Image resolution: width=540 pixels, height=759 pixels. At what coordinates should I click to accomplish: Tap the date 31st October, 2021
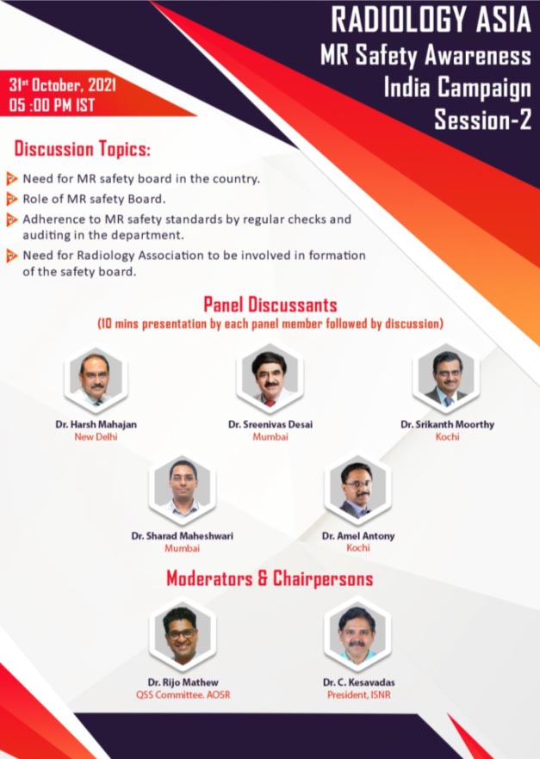point(63,85)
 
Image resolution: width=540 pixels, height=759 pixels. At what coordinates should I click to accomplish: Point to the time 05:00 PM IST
point(52,105)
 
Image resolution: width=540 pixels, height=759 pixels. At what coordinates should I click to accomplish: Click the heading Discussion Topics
point(83,149)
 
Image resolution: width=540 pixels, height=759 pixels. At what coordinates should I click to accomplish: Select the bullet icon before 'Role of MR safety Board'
point(11,199)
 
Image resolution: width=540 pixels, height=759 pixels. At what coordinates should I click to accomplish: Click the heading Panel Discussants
point(270,305)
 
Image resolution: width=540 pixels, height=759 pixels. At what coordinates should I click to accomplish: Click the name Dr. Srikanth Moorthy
point(448,424)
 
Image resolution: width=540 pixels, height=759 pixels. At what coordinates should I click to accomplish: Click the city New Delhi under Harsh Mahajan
point(96,436)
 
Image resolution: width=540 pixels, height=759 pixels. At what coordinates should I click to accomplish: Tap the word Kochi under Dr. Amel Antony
point(358,548)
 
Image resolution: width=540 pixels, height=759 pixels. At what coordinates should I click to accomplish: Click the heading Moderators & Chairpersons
point(270,578)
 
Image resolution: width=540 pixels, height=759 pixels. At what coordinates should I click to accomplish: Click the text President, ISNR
point(359,695)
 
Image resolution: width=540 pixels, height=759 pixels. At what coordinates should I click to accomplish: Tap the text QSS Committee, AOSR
point(183,695)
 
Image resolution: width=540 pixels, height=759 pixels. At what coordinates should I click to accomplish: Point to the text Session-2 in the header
point(483,120)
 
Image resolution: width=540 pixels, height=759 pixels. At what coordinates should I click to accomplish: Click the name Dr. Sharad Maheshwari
point(182,536)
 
